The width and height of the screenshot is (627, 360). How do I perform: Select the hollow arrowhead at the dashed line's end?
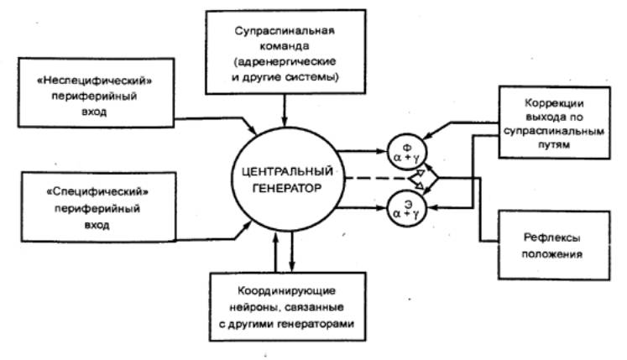tap(418, 179)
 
